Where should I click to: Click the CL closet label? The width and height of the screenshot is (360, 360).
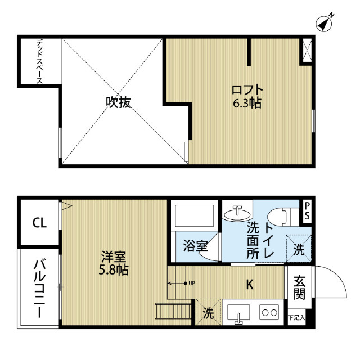click(39, 223)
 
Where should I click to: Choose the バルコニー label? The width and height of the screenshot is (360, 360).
click(39, 288)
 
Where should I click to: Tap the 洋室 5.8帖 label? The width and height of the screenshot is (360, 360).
click(115, 263)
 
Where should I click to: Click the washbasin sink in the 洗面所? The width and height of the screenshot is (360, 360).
click(238, 213)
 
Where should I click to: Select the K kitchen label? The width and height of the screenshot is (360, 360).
click(249, 285)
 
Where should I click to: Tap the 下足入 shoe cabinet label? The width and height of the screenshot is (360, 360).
click(296, 318)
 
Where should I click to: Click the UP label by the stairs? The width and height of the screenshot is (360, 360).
click(192, 283)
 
